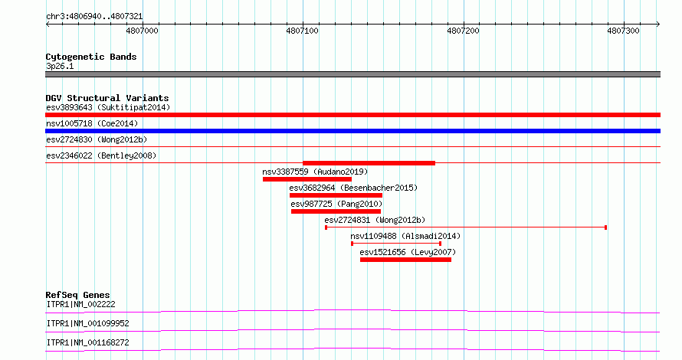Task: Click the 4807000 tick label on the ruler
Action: point(143,31)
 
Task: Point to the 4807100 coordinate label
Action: point(302,31)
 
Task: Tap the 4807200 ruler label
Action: point(463,31)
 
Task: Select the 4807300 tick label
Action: point(623,31)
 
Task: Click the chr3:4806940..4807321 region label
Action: point(94,17)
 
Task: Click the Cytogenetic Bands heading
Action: point(91,57)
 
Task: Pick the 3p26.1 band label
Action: point(60,66)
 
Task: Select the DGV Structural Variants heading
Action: point(107,98)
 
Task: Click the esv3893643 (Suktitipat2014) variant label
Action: point(108,107)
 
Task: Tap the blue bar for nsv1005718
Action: point(352,131)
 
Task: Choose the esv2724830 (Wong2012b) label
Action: point(97,139)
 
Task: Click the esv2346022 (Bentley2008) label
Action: point(101,155)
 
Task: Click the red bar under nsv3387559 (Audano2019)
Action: point(307,179)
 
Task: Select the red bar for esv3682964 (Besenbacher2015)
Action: point(336,195)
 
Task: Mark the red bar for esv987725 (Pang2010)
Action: point(336,211)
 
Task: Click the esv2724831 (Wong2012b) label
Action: point(375,220)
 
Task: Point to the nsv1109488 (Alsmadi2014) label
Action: point(405,236)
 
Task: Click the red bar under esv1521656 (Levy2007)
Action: point(405,260)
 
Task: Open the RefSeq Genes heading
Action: point(77,295)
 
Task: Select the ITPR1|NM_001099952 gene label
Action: point(87,323)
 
